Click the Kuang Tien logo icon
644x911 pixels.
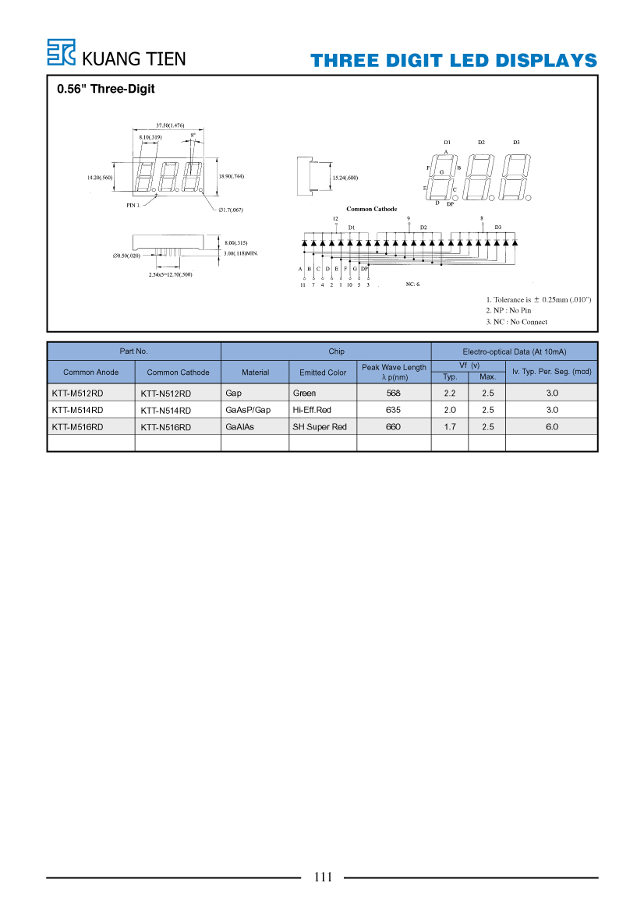point(61,52)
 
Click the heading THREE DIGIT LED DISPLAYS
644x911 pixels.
point(453,61)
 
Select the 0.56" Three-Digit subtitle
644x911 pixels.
point(106,89)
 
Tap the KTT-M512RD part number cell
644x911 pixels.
point(77,394)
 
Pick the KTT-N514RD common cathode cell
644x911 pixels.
point(165,410)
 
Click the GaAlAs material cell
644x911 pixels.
point(239,426)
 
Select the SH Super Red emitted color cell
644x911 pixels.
point(320,426)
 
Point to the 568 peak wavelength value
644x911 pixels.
point(394,394)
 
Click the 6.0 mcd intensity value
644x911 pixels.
point(552,426)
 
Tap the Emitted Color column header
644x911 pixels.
point(323,373)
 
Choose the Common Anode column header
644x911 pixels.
point(90,373)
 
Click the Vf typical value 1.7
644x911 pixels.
point(450,426)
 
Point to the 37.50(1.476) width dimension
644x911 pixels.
point(170,125)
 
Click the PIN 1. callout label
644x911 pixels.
point(133,205)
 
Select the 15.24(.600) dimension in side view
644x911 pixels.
point(345,178)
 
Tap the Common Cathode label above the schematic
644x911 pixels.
point(372,209)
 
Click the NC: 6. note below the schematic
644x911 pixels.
point(412,284)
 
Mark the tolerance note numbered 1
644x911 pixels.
point(539,300)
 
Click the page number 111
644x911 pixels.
point(323,877)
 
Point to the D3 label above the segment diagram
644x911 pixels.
point(516,143)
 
